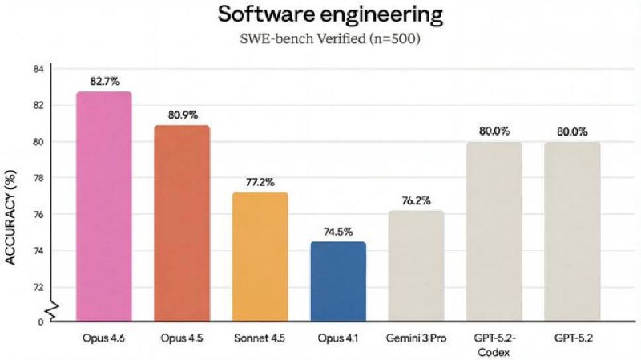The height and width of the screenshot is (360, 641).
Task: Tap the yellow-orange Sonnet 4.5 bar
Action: [260, 257]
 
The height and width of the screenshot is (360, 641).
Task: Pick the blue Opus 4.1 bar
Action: [338, 281]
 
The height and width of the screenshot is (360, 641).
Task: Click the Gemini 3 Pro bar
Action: [416, 265]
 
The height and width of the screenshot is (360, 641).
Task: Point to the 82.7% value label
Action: [103, 82]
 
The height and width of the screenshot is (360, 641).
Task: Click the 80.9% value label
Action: [182, 115]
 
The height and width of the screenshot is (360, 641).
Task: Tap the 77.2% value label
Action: [260, 182]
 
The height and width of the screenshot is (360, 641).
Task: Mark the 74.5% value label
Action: [338, 231]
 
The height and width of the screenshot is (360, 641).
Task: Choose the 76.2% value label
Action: [416, 200]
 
